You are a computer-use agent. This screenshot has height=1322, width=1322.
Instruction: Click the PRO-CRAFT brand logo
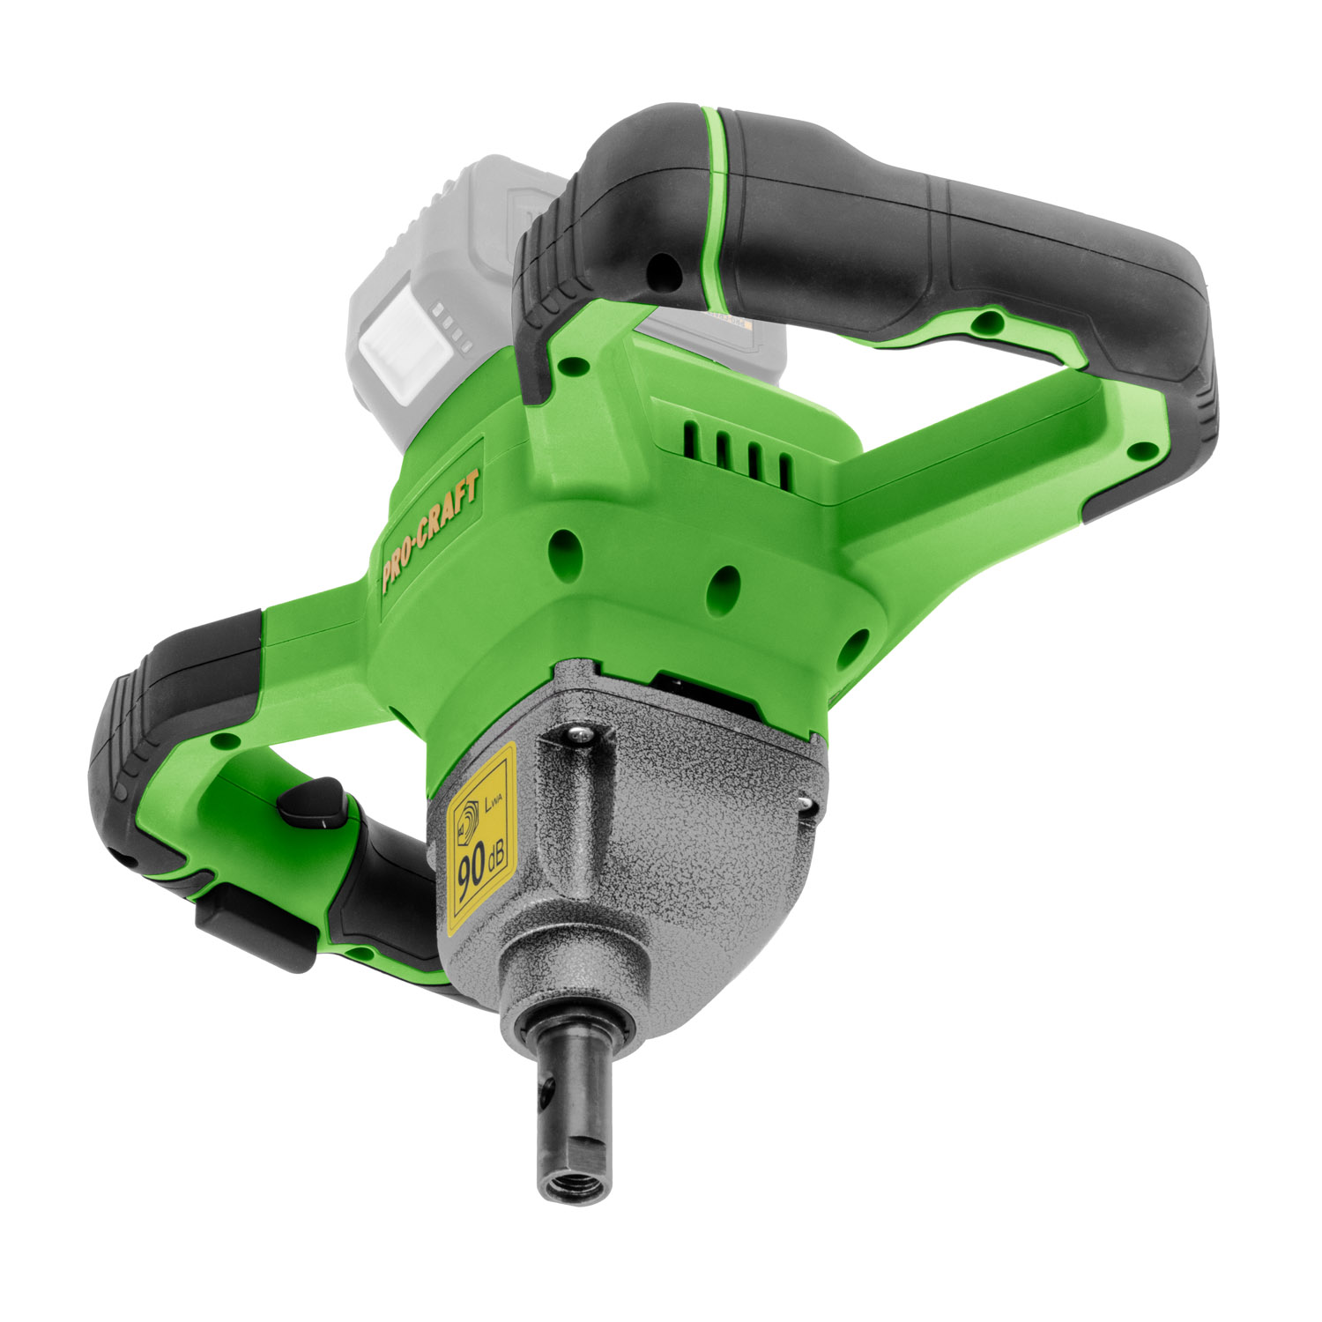pyautogui.click(x=432, y=534)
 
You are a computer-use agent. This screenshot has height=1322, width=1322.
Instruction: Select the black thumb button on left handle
pyautogui.click(x=314, y=802)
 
